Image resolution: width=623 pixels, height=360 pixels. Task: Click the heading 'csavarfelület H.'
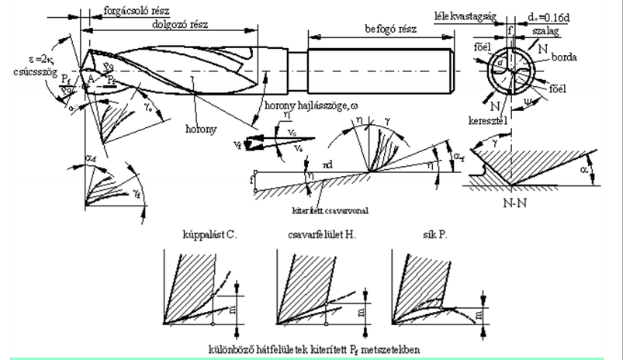click(313, 232)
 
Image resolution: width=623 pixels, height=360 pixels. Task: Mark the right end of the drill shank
click(451, 69)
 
